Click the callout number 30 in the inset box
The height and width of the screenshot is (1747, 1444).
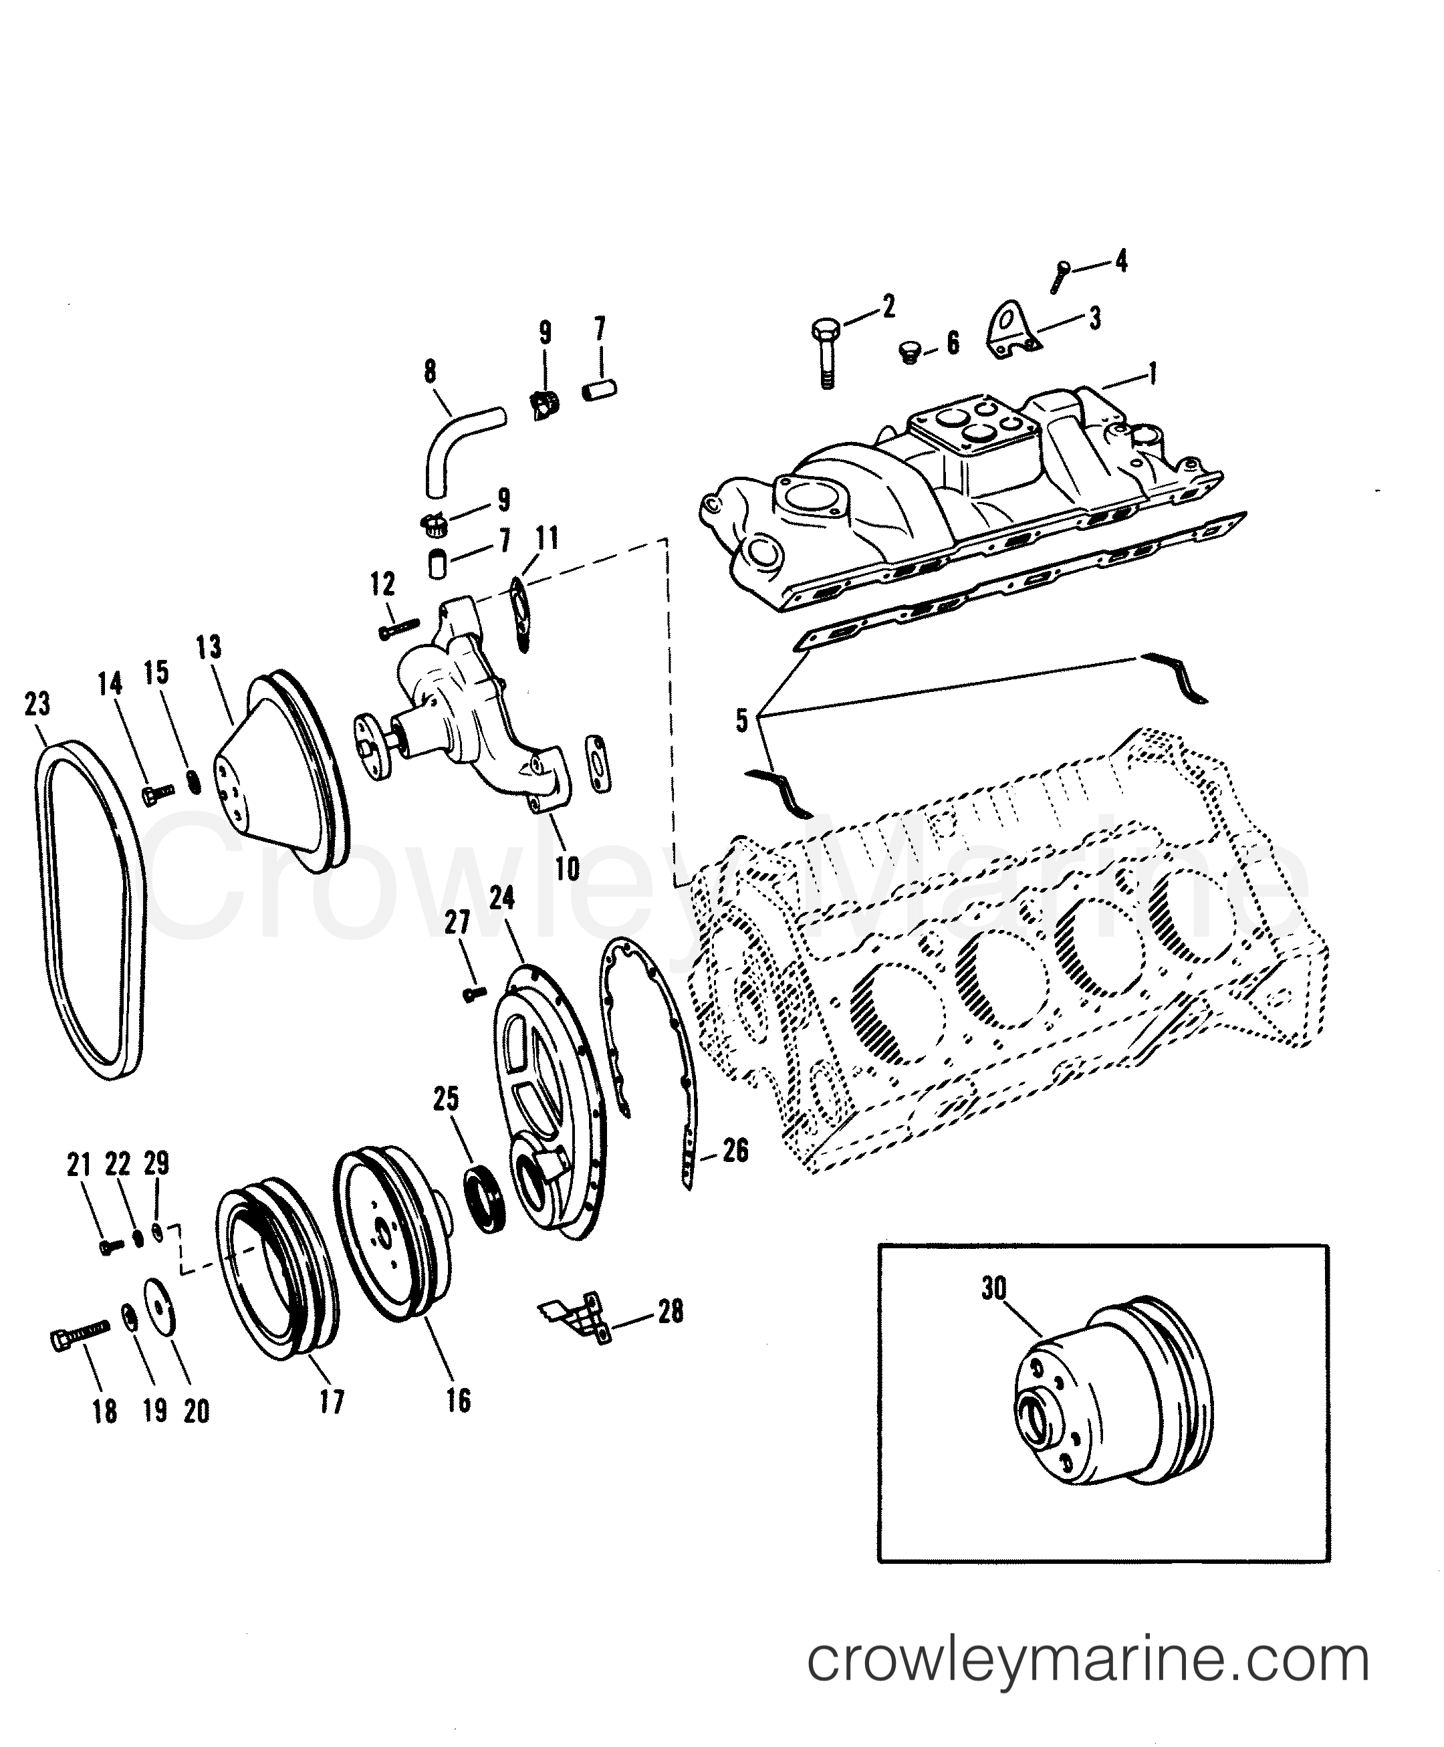[993, 1312]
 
